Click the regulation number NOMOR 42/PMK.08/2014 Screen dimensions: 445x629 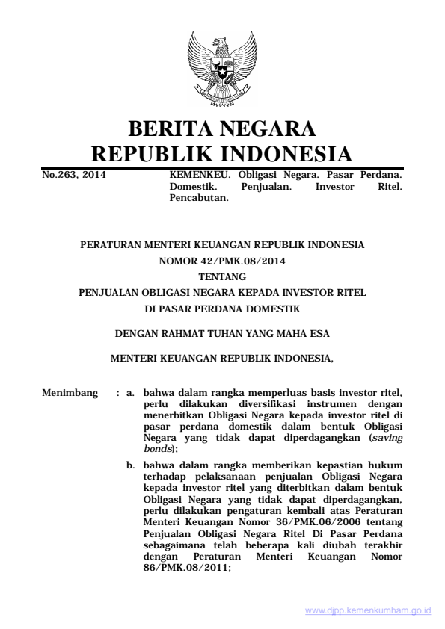[222, 261]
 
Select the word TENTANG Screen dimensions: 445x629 [222, 277]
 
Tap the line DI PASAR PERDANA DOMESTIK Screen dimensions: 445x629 [222, 309]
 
